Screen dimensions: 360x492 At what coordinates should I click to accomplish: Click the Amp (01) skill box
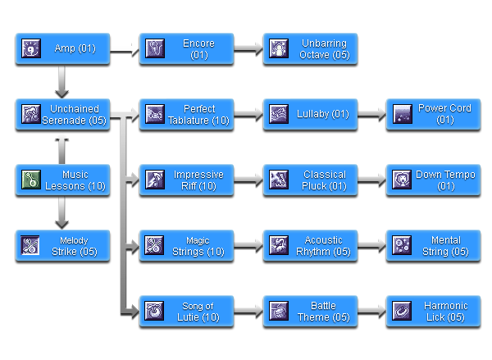click(63, 49)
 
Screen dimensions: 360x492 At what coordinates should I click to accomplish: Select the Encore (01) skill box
click(186, 49)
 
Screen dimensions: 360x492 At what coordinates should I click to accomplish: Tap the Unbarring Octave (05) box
click(309, 49)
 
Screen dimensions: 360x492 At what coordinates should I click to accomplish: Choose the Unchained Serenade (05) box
click(63, 114)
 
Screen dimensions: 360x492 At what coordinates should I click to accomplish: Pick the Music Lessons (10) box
click(63, 180)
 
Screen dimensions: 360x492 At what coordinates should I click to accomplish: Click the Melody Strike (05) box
click(63, 245)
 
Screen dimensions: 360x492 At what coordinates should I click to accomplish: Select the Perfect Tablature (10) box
click(186, 114)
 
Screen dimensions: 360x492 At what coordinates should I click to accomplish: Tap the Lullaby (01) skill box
click(309, 114)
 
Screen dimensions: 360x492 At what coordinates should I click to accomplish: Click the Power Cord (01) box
click(432, 114)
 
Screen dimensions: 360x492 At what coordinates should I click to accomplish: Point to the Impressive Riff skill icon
click(154, 180)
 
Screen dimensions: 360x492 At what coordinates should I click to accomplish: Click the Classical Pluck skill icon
click(277, 180)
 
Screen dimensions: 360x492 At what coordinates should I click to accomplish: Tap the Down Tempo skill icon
click(401, 180)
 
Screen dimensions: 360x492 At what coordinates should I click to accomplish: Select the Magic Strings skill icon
click(154, 245)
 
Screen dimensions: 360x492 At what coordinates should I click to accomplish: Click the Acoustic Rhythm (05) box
click(309, 245)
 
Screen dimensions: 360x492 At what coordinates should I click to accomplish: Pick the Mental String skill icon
click(401, 245)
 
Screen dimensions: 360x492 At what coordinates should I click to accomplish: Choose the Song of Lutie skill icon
click(154, 311)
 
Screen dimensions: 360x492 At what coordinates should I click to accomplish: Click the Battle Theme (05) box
click(309, 311)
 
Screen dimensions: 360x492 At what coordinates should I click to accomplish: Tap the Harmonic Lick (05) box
click(432, 311)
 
